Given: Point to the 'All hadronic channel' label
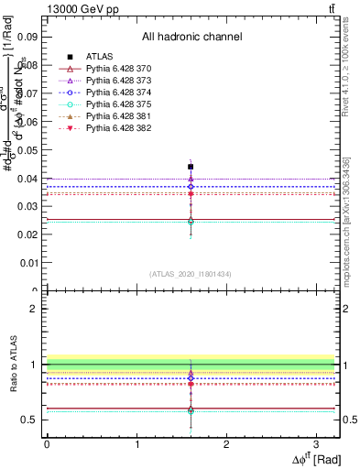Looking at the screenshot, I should (191, 37).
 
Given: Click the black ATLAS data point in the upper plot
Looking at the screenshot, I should (191, 167).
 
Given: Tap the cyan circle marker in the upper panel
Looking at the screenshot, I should (191, 221).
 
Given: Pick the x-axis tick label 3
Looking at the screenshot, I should (315, 444).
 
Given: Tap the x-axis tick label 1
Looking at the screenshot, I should (136, 444).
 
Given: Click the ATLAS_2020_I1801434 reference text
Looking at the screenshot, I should (191, 274).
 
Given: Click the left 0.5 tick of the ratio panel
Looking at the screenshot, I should (31, 420).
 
